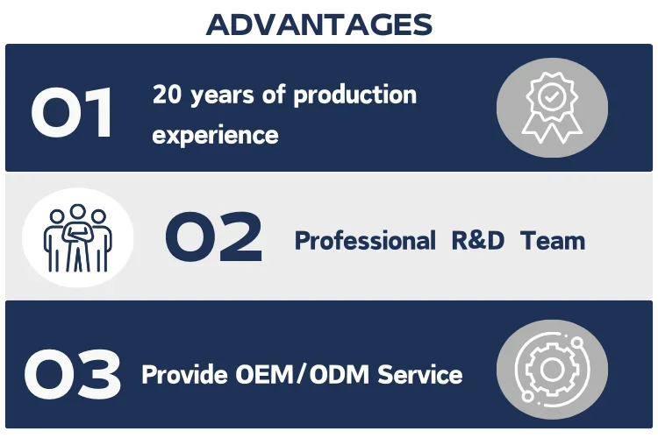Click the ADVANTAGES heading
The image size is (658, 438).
[319, 25]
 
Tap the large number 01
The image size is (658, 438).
[71, 112]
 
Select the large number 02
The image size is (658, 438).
[213, 237]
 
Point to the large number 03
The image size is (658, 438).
[73, 374]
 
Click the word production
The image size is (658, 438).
[354, 95]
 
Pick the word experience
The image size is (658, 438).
[215, 135]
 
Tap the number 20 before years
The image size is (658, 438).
[167, 95]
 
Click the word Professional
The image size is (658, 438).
[365, 241]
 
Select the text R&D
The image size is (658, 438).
[477, 241]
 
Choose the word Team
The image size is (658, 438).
[552, 241]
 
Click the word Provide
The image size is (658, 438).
[184, 374]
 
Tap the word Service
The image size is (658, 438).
[419, 374]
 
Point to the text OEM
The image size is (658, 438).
[264, 374]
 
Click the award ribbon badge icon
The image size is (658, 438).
[552, 108]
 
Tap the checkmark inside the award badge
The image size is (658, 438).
[552, 97]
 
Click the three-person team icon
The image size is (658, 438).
[77, 237]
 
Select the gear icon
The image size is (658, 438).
[552, 370]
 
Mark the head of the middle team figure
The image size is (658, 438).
[77, 212]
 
